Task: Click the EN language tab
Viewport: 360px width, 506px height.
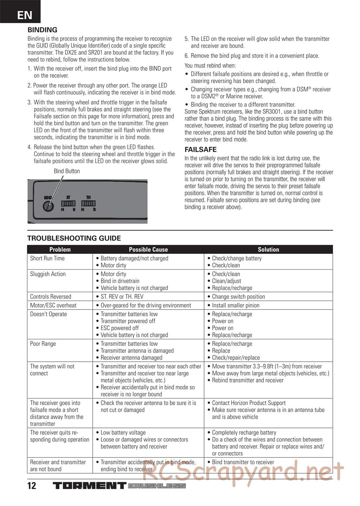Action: [24, 15]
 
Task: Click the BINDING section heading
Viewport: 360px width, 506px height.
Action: [42, 30]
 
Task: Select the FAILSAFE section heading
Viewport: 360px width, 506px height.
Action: [201, 149]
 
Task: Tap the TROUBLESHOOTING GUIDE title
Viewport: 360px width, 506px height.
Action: [74, 238]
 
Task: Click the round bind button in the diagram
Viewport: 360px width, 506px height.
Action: [48, 206]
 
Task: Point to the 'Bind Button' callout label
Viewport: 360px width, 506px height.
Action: [67, 171]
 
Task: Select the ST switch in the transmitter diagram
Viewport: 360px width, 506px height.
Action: [69, 203]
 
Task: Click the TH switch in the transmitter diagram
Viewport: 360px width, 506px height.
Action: [88, 203]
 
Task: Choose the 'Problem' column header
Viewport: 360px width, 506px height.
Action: [60, 249]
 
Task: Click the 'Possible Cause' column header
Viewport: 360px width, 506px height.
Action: [148, 249]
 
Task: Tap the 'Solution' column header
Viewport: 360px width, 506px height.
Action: [268, 249]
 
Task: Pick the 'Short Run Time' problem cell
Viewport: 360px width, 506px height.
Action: [48, 258]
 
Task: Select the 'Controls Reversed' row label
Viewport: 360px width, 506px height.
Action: [51, 297]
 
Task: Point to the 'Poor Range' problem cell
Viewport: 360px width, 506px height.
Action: [43, 344]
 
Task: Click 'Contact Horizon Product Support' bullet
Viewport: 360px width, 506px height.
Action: [249, 403]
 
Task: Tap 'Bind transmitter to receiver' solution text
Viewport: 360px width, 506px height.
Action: [243, 462]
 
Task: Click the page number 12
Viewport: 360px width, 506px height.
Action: [32, 485]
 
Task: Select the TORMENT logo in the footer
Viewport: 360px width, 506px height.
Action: [90, 485]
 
